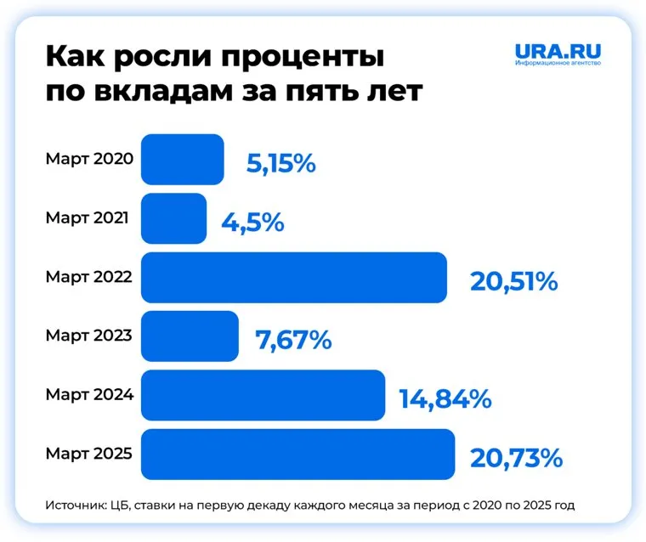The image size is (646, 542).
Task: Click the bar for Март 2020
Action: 182,159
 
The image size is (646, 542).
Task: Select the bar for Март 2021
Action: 173,218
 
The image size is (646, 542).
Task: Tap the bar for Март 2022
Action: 293,277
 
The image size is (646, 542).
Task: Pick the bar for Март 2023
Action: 190,336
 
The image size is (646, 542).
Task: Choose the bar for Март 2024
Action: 262,395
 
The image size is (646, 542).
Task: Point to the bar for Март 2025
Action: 297,454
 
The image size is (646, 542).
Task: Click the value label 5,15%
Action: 281,163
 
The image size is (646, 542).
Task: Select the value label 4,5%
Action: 252,223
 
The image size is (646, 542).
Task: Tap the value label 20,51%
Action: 513,281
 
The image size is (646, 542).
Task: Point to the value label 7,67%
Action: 292,340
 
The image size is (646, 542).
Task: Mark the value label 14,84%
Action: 445,399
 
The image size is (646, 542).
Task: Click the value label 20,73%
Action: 516,458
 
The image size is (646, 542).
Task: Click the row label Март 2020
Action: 89,159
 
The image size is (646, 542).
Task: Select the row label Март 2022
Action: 89,277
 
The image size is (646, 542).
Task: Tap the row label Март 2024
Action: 89,395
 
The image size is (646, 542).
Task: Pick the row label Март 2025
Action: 89,454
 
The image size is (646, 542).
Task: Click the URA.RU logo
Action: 558,51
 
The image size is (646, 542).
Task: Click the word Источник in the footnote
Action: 75,505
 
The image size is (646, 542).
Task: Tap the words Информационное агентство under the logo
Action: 558,65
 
